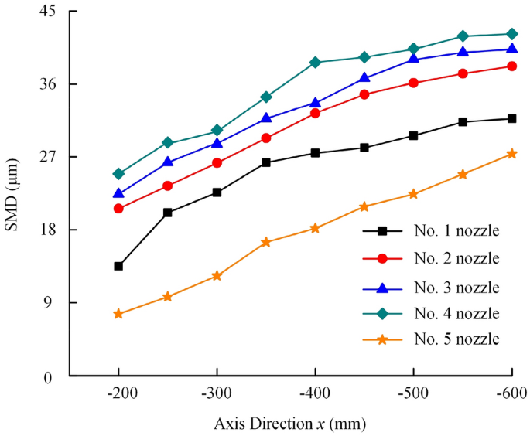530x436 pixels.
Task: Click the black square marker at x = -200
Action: [x=118, y=266]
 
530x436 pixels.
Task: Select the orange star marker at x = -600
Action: [x=511, y=154]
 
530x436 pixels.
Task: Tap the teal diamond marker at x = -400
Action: [x=315, y=62]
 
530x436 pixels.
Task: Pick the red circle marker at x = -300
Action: [x=217, y=162]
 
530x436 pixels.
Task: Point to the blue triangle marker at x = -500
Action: [x=413, y=59]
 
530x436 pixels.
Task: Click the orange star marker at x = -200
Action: [x=118, y=314]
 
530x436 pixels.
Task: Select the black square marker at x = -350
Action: [x=266, y=162]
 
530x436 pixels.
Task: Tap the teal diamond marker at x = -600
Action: [x=511, y=34]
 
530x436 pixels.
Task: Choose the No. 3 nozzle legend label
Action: [x=456, y=287]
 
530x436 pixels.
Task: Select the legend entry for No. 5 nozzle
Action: [x=456, y=339]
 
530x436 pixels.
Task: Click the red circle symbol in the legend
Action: [x=382, y=258]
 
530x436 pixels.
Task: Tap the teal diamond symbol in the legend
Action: [x=382, y=313]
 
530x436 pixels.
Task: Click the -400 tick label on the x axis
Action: [x=315, y=393]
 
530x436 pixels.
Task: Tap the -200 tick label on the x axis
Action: [x=118, y=393]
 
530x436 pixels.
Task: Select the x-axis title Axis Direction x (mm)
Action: [x=290, y=423]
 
